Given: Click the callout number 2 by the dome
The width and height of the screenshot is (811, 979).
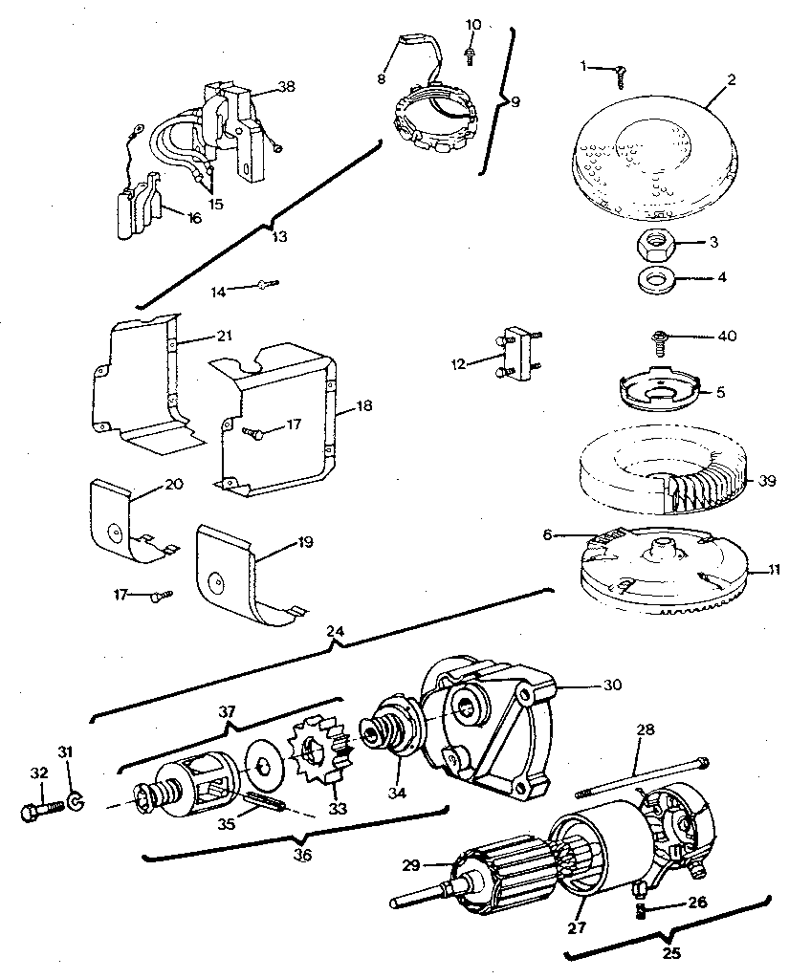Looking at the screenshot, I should [x=731, y=80].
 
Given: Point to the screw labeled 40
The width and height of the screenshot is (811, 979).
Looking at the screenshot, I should [x=662, y=337].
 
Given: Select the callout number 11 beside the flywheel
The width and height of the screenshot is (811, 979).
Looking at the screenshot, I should [x=774, y=570].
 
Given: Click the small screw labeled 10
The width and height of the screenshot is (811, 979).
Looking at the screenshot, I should [x=471, y=54].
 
